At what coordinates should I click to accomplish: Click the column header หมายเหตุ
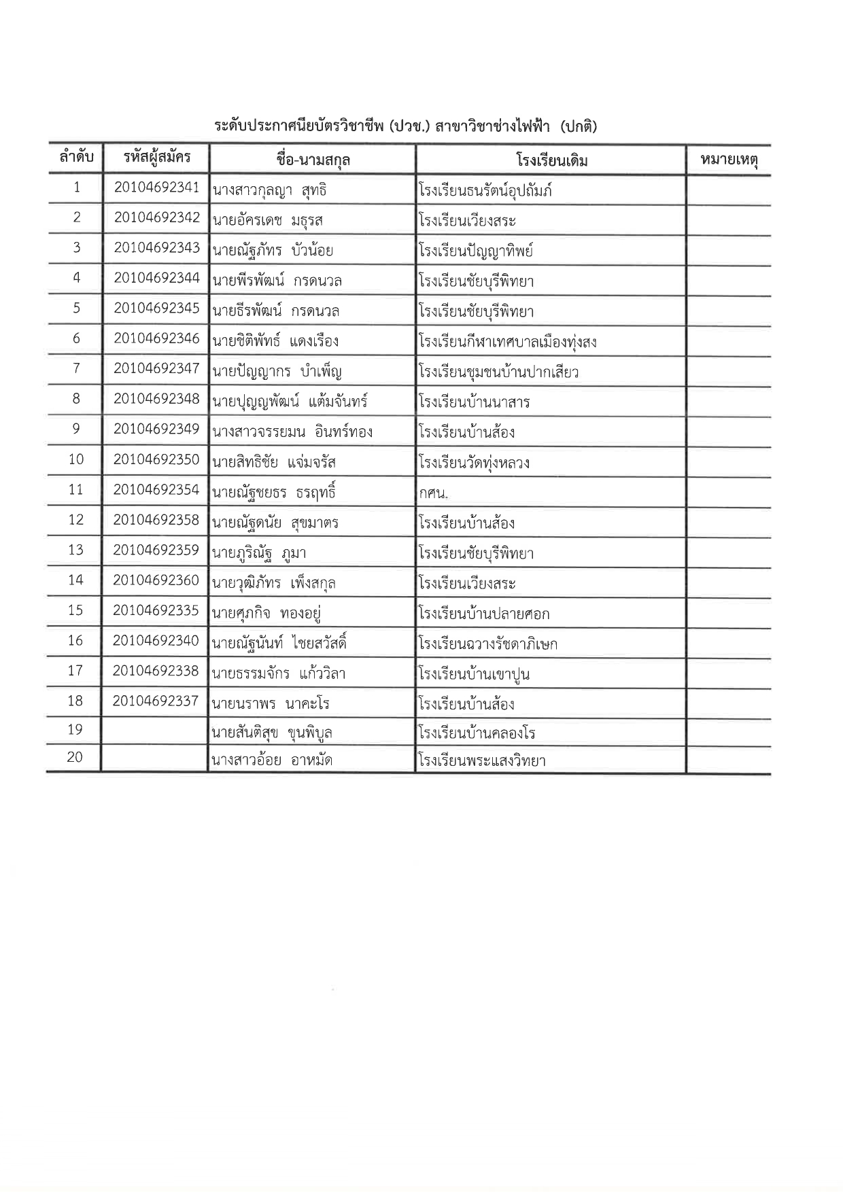[728, 161]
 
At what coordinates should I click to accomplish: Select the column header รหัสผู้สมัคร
[156, 158]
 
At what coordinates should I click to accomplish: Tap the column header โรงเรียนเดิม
[551, 161]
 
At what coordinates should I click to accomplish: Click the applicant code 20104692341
[156, 188]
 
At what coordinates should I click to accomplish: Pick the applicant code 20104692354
[156, 490]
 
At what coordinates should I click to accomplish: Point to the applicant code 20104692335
[156, 611]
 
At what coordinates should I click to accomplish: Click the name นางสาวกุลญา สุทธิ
[270, 190]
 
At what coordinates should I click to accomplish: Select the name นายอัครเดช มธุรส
[268, 221]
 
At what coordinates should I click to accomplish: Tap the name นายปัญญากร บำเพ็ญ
[277, 372]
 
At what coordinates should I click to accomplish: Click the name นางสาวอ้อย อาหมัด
[272, 760]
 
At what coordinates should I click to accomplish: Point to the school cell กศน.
[433, 493]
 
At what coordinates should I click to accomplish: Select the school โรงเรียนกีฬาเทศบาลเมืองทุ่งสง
[508, 342]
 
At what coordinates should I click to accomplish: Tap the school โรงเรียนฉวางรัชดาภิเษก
[488, 644]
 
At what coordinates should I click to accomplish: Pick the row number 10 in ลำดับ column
[75, 460]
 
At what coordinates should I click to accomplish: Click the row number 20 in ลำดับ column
[75, 757]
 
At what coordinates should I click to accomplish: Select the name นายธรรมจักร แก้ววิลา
[279, 674]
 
